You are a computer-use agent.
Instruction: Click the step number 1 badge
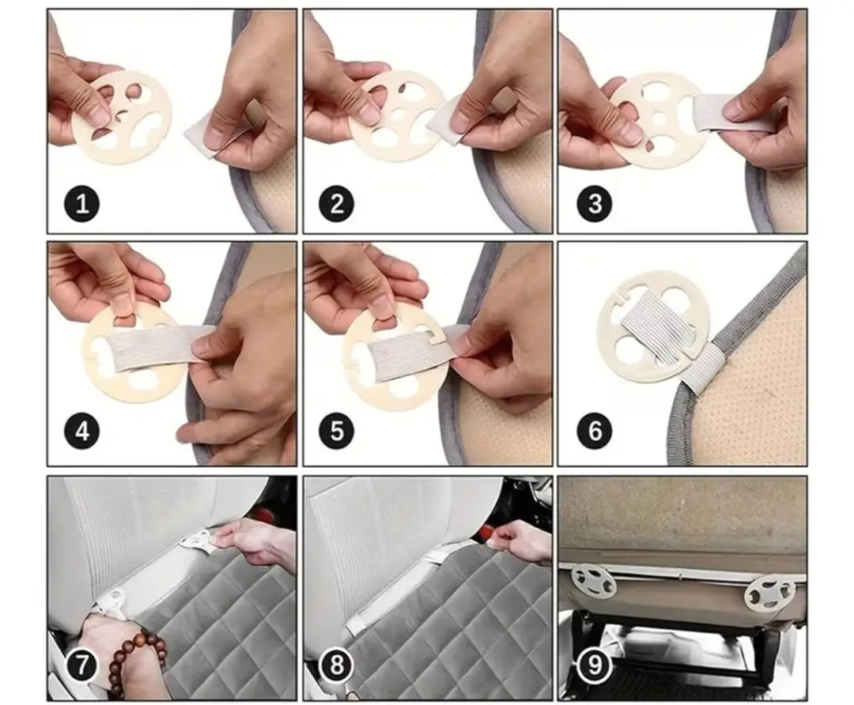click(x=81, y=204)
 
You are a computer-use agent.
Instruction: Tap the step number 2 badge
click(x=337, y=204)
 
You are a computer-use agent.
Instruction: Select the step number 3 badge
click(x=595, y=204)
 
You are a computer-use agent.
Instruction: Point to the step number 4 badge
click(x=81, y=432)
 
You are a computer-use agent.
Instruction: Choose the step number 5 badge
click(x=337, y=432)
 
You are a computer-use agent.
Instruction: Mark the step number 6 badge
click(x=595, y=432)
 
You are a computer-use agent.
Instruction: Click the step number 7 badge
click(x=81, y=665)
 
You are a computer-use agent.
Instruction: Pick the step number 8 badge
click(x=337, y=665)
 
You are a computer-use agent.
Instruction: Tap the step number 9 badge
click(x=595, y=665)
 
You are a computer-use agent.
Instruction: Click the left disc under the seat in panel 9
click(x=593, y=582)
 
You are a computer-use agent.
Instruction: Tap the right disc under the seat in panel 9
click(x=769, y=593)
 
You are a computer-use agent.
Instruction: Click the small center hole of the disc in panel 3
click(x=659, y=119)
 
